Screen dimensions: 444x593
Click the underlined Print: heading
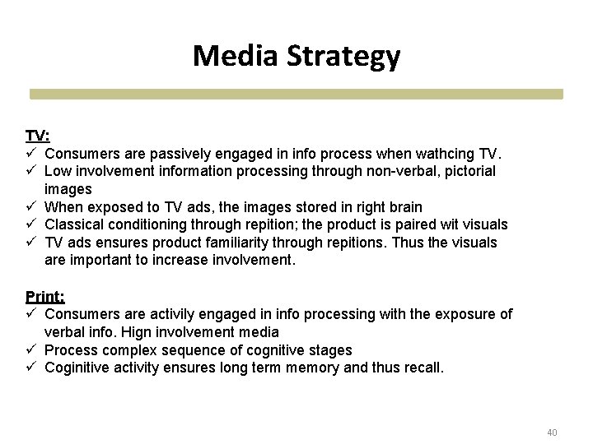[44, 296]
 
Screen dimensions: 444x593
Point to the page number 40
[552, 432]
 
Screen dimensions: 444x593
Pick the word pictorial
[467, 171]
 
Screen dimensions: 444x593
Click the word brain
[404, 206]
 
